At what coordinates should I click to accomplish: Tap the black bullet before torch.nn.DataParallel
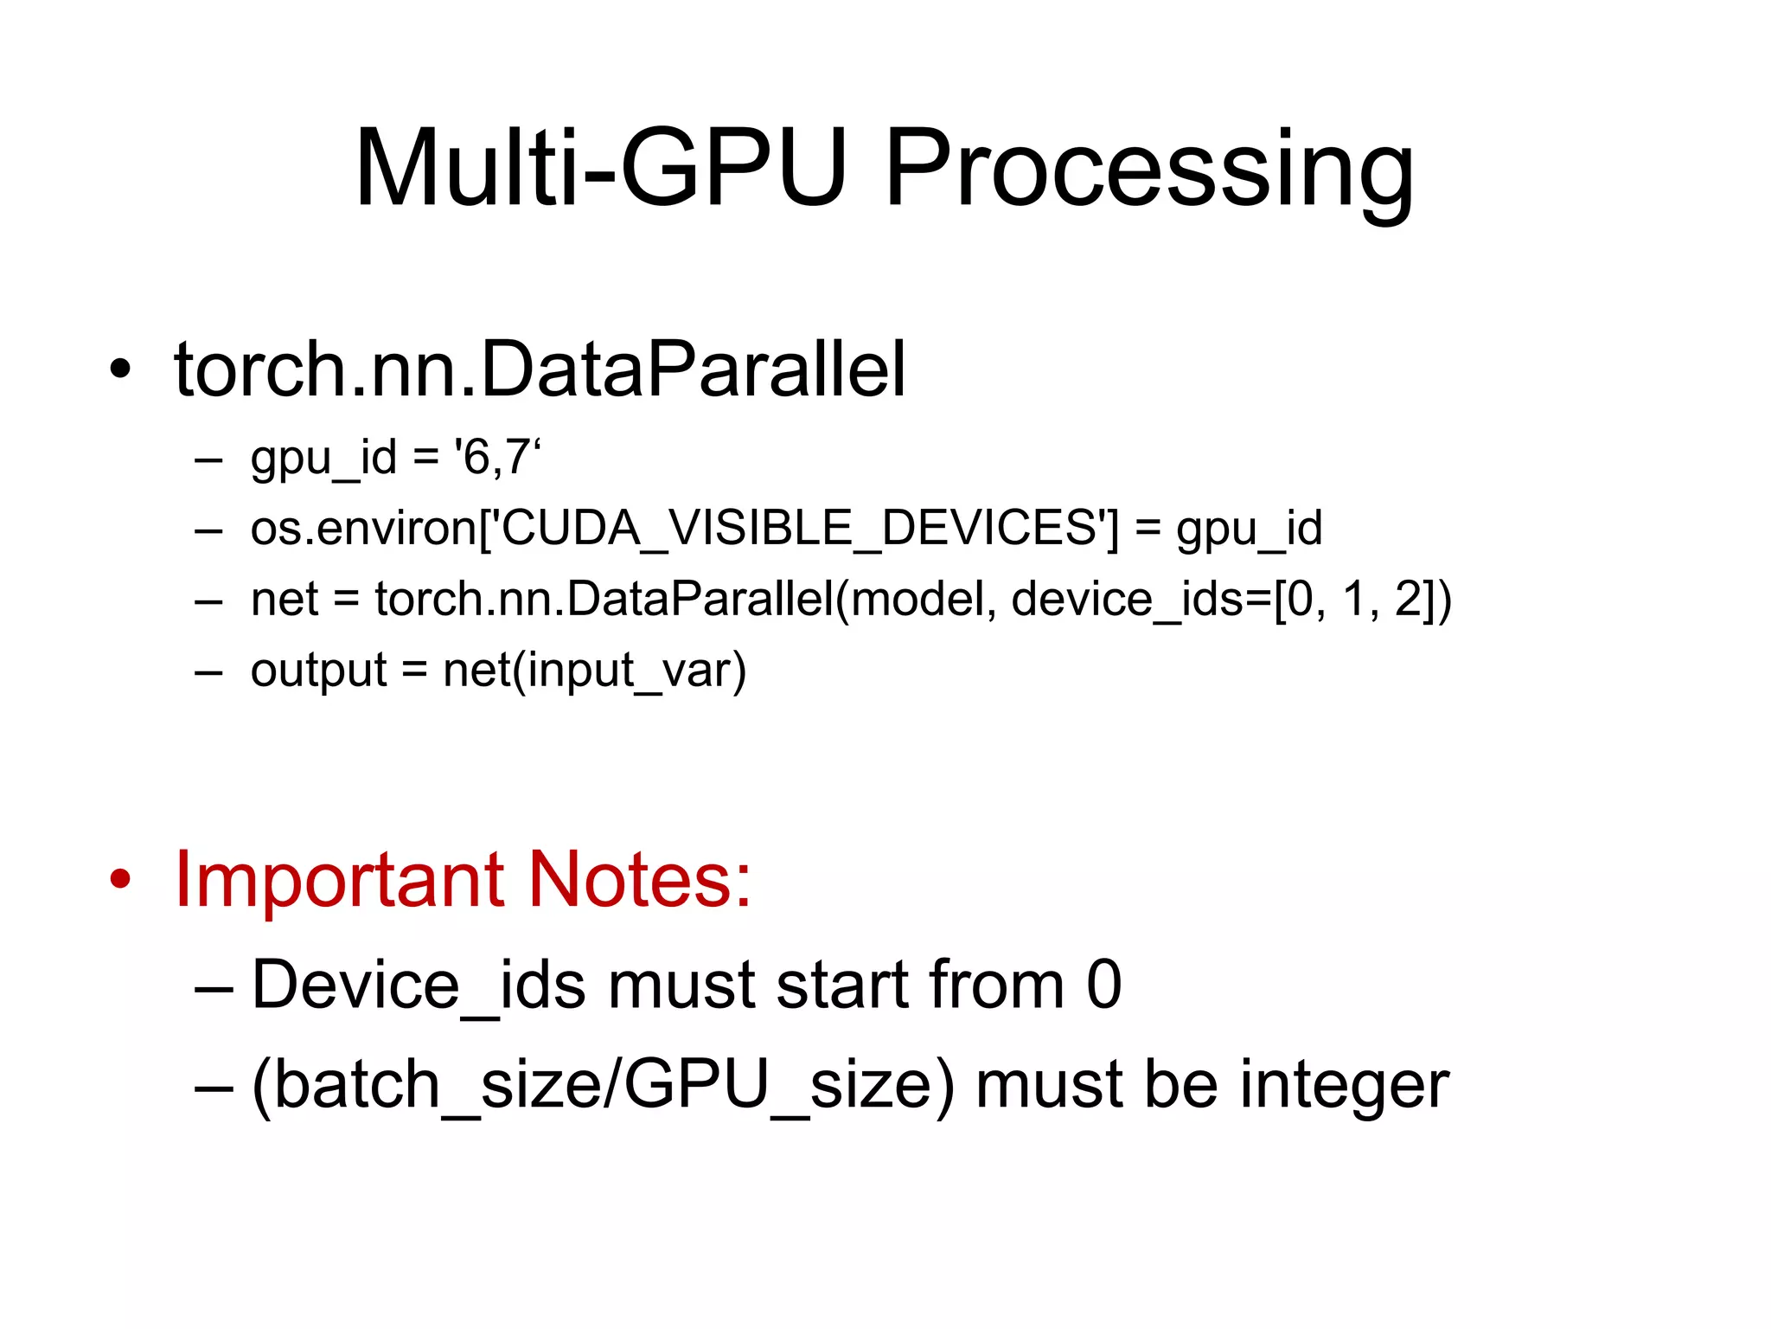pyautogui.click(x=120, y=369)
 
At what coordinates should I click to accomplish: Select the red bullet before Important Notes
pyautogui.click(x=120, y=880)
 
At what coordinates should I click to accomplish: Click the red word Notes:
pyautogui.click(x=639, y=880)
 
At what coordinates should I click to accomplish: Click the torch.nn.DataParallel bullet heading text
pyautogui.click(x=540, y=369)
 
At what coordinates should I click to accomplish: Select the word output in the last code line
pyautogui.click(x=318, y=671)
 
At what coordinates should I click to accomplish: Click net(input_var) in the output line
pyautogui.click(x=594, y=671)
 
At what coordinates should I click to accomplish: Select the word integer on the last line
pyautogui.click(x=1344, y=1085)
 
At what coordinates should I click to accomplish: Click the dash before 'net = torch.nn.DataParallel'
pyautogui.click(x=209, y=600)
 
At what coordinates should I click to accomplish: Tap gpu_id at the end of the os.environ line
pyautogui.click(x=1249, y=530)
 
